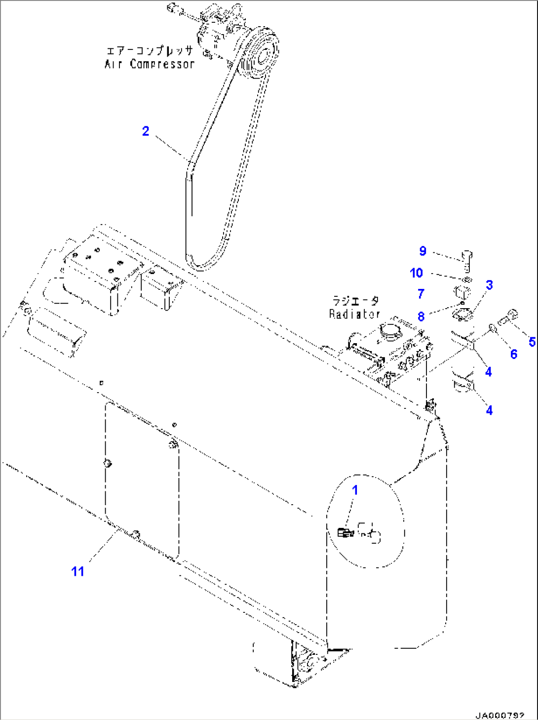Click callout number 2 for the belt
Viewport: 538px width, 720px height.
tap(146, 131)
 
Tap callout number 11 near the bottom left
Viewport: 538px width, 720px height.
tap(77, 571)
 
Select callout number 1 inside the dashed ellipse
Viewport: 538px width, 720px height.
tap(355, 490)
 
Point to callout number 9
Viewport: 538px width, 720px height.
tap(423, 251)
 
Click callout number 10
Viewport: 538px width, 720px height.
tap(416, 273)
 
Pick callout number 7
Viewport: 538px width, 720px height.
tap(421, 294)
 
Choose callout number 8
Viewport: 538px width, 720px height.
tap(421, 317)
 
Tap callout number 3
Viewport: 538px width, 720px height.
tap(489, 285)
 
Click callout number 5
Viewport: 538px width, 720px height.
tap(532, 342)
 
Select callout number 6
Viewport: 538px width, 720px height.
tap(513, 354)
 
